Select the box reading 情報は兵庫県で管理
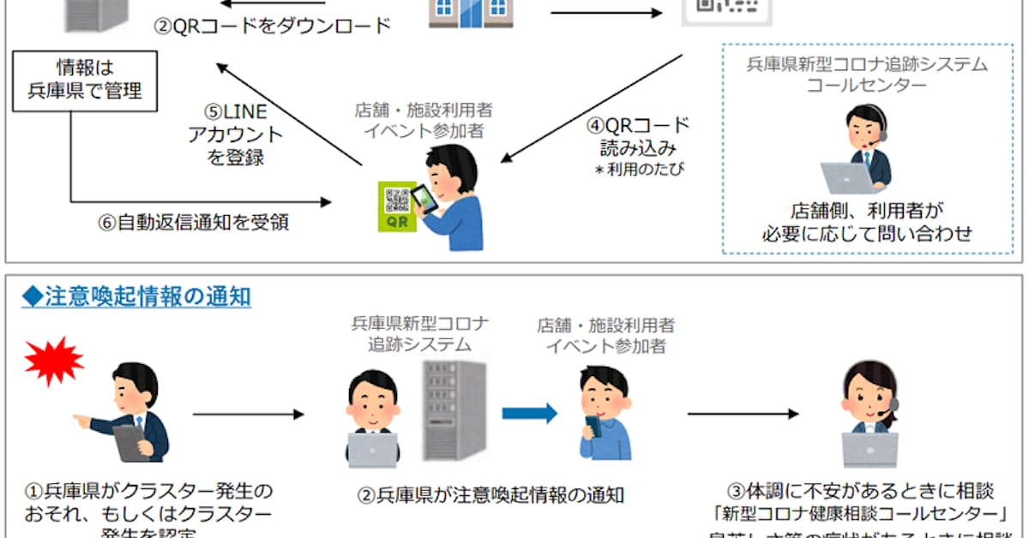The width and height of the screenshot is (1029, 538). coord(84,81)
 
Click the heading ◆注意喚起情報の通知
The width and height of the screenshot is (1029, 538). coord(136,296)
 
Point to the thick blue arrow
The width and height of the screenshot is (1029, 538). coord(528,413)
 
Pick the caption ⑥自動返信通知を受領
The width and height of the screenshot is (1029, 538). coord(193,223)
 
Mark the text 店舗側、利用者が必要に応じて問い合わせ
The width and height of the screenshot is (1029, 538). coord(868,222)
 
